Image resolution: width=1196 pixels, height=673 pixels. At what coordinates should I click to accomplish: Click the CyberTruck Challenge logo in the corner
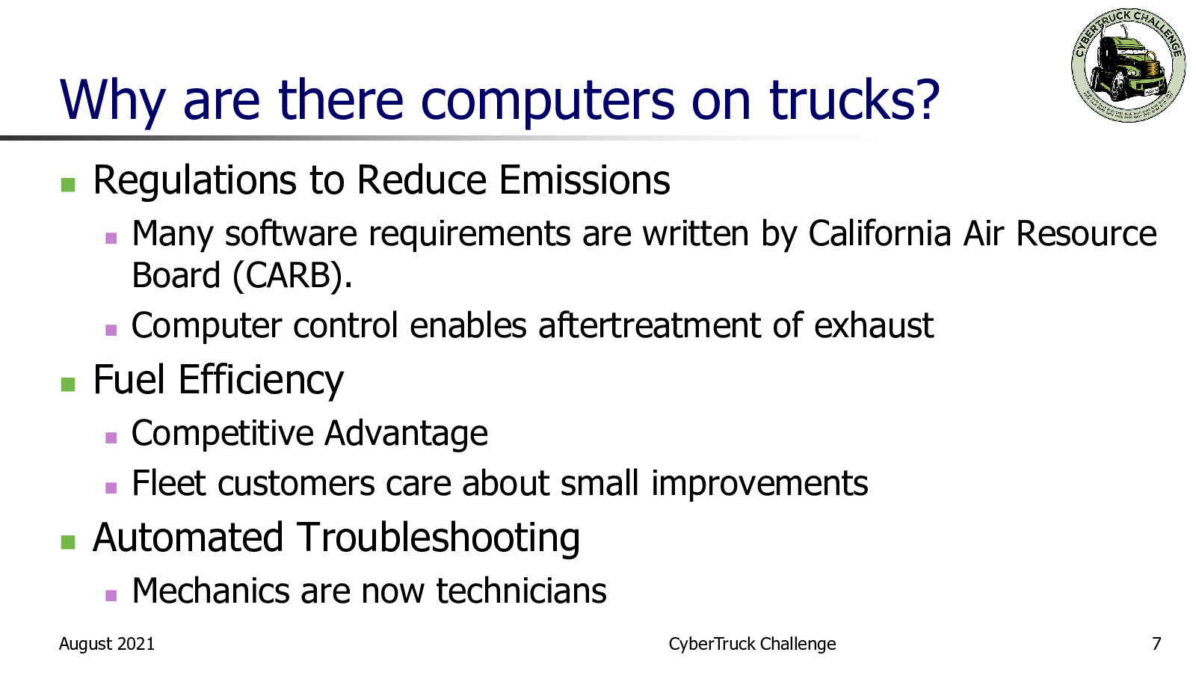coord(1128,64)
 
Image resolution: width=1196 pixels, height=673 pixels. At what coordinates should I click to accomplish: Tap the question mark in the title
coord(923,100)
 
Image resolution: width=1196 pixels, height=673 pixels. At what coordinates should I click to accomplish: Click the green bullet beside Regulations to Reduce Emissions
coord(68,185)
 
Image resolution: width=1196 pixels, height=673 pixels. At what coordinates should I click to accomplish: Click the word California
coord(879,233)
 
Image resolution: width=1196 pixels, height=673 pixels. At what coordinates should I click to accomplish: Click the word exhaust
coord(874,325)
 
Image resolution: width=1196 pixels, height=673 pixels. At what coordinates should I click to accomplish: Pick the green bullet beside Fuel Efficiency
coord(68,384)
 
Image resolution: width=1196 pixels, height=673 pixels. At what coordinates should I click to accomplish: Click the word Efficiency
coord(261,381)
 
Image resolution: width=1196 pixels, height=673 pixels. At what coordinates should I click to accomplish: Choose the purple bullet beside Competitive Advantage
coord(111,438)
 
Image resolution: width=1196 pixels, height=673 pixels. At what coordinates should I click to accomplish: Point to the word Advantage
coord(406,434)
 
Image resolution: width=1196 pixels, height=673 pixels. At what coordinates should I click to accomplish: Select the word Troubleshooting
coord(438,538)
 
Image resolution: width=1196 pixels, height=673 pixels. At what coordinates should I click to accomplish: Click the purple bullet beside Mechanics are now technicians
coord(111,595)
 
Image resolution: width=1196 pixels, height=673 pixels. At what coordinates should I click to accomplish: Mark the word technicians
coord(521,591)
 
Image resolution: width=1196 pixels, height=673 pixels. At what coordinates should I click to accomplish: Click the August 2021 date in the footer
coord(107,644)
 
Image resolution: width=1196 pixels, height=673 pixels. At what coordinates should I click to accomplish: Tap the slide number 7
coord(1156,644)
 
